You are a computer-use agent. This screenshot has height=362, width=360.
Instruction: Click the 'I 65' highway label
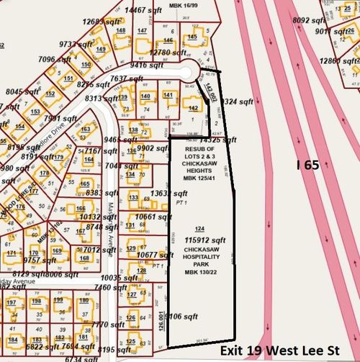(308, 166)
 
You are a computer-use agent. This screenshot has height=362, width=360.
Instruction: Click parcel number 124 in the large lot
(190, 229)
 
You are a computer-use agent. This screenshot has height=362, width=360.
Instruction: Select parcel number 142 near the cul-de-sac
(193, 108)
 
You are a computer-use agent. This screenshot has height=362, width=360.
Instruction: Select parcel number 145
(192, 37)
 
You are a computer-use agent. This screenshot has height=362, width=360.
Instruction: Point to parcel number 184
(14, 338)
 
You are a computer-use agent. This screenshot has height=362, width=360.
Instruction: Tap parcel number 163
(85, 130)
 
